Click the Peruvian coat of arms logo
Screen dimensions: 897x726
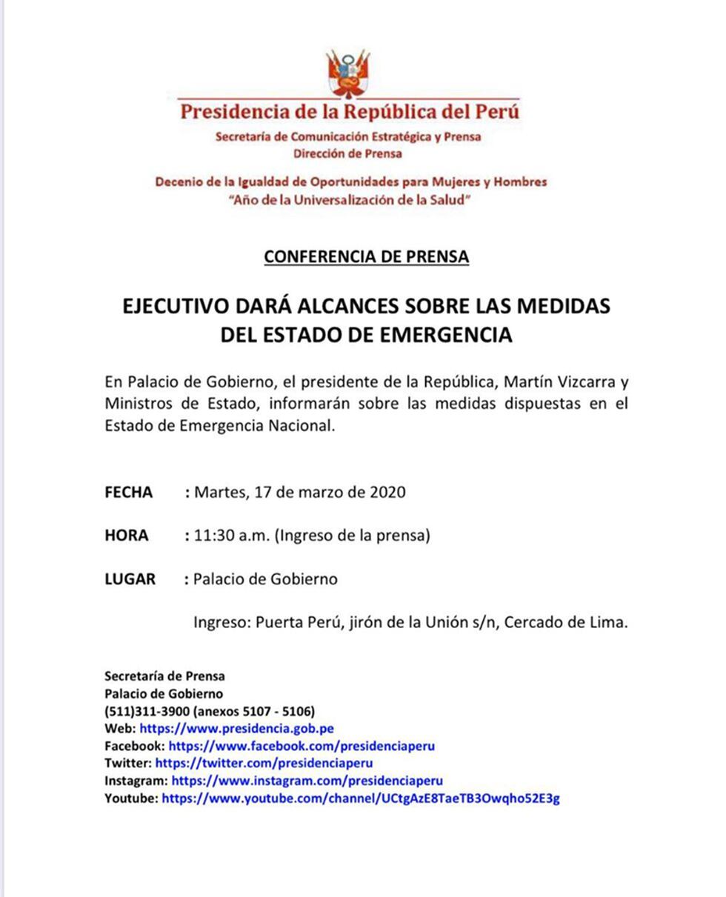click(349, 73)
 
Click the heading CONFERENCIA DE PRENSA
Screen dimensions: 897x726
click(366, 257)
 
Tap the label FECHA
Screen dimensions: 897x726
click(129, 493)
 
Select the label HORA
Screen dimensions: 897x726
click(127, 536)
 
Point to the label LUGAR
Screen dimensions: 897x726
click(130, 579)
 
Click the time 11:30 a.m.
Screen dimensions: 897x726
click(231, 536)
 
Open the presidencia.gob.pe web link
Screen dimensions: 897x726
click(236, 729)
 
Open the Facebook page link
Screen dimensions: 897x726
click(302, 746)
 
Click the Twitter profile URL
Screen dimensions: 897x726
click(264, 763)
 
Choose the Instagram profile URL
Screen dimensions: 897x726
click(307, 781)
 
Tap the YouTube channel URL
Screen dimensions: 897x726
click(361, 798)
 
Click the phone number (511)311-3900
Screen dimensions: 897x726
click(147, 711)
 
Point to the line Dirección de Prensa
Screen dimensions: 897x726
click(347, 154)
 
